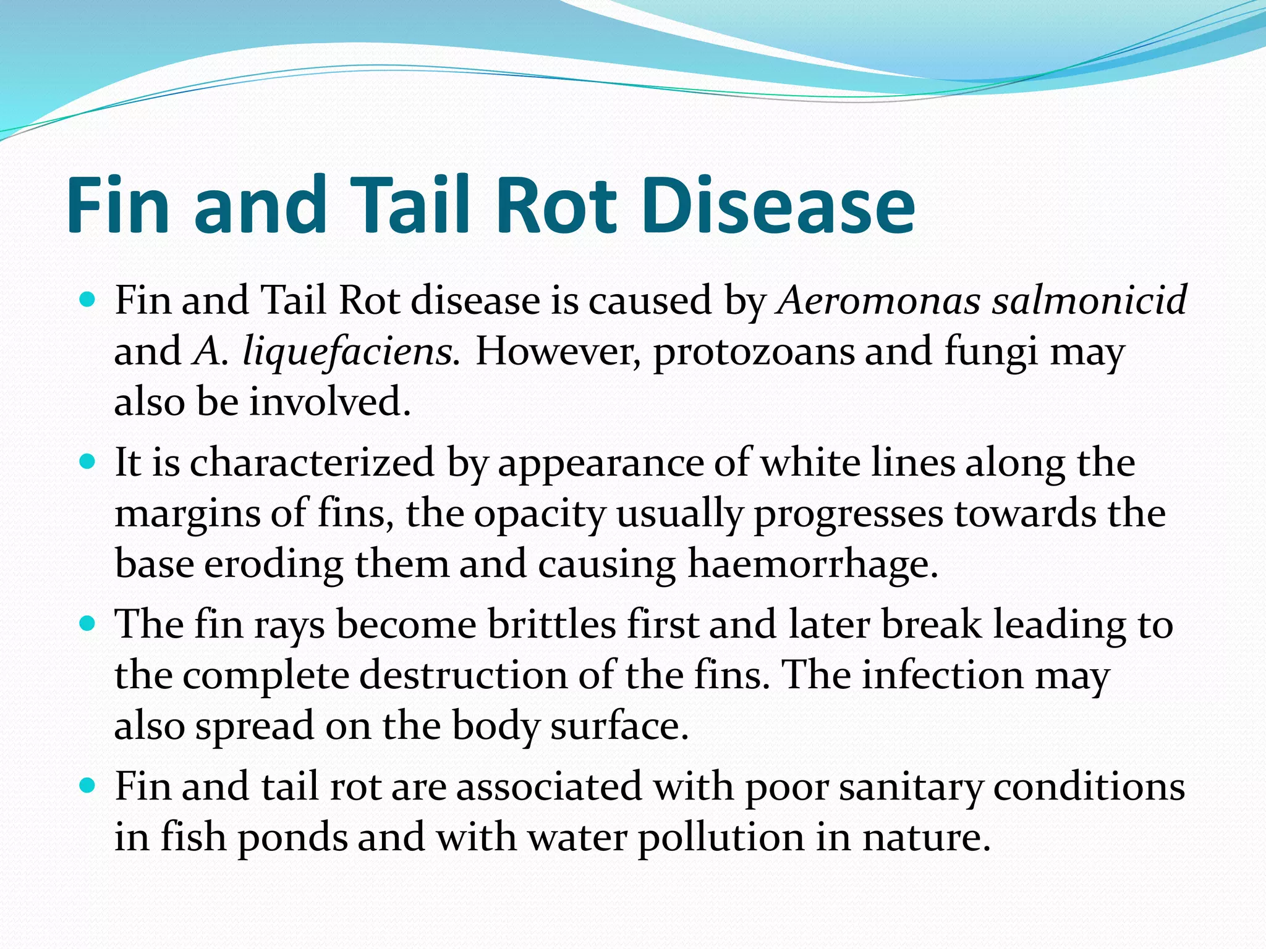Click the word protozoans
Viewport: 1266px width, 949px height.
click(x=754, y=352)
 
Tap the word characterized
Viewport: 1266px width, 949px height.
click(x=312, y=463)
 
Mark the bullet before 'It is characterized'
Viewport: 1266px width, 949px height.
click(x=88, y=462)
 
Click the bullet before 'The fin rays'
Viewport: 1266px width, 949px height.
click(x=88, y=624)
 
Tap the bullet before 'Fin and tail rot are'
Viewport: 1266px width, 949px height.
click(x=88, y=786)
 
